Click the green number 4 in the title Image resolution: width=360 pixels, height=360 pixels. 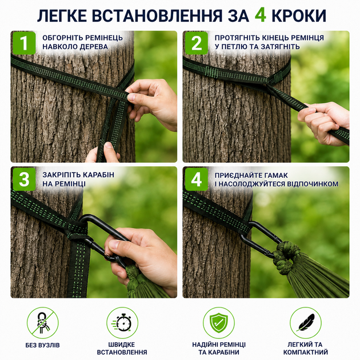[261, 15]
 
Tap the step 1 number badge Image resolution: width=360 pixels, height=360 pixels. [25, 43]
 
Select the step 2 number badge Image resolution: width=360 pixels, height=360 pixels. [197, 43]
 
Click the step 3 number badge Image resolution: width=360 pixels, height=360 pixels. [25, 179]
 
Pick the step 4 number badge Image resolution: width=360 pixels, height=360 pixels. [197, 179]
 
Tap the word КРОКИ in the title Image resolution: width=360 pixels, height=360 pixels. [298, 15]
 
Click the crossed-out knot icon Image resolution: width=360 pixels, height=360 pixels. [43, 323]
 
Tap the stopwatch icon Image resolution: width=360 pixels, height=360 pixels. [122, 323]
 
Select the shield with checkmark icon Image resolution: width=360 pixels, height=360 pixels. [219, 323]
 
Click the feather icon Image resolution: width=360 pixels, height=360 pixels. [306, 323]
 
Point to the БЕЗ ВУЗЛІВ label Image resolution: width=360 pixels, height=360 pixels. [43, 345]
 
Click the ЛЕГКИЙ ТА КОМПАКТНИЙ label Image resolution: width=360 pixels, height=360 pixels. [306, 349]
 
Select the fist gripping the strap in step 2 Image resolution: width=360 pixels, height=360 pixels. [323, 123]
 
